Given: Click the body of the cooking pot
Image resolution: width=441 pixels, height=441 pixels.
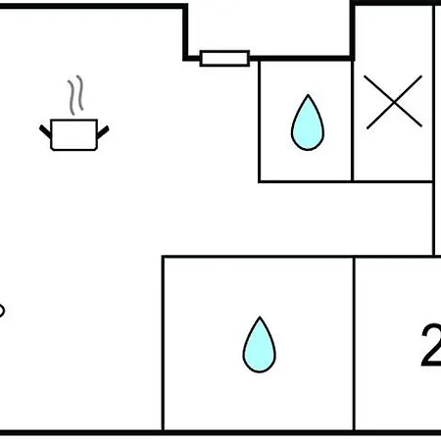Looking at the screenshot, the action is coord(74,135).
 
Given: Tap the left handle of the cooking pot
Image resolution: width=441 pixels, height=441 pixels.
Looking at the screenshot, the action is coord(45,131).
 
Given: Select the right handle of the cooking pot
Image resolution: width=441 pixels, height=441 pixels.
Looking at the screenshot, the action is coord(103,131).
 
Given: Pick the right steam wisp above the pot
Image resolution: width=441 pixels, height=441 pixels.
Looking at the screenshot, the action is coord(79,93).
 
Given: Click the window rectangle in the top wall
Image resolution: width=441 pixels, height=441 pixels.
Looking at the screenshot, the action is coord(224,59).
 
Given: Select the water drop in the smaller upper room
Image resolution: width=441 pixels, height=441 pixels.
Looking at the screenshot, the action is coord(308,122).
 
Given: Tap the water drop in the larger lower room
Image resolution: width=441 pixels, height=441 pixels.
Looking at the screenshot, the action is coord(260,345).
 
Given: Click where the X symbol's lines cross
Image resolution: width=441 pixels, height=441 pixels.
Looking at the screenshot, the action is coord(394,102).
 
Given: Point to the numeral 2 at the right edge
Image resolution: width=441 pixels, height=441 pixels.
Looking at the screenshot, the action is coord(431,346).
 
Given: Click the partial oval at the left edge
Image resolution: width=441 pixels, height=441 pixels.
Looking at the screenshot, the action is coord(2,311).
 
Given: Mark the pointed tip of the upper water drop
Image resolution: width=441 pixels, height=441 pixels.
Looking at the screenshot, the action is coord(308,95).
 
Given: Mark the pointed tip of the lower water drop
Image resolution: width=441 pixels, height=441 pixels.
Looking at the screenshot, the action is coord(260,317).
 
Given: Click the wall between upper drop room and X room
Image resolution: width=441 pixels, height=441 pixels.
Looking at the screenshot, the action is coord(353,121).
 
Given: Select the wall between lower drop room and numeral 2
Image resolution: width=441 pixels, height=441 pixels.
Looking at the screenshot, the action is coord(354,344).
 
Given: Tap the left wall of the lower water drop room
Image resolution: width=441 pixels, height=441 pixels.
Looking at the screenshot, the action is coord(163,344).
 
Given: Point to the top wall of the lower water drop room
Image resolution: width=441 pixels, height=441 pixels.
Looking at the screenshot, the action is coord(258,257).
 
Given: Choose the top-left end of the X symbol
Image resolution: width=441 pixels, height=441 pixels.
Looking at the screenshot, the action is coord(365,76).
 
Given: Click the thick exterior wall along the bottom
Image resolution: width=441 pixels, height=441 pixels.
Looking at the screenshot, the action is coord(220,433).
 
